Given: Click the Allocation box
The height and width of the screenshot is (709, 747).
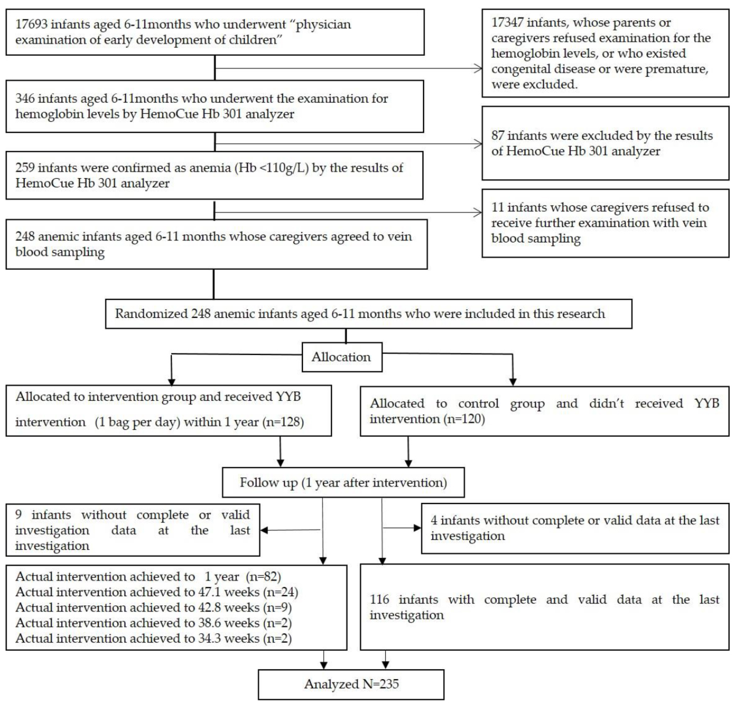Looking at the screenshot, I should [341, 357].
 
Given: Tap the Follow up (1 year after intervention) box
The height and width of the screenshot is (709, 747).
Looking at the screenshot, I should [343, 483].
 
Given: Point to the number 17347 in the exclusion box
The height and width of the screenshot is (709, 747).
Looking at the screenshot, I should [507, 23].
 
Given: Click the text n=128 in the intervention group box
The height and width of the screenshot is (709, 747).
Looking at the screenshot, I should [283, 422].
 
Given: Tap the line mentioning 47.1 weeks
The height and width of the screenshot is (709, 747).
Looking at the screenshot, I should [157, 592].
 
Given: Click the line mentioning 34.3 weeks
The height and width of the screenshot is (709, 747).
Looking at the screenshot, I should [153, 638].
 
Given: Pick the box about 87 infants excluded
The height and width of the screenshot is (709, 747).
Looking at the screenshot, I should [605, 143].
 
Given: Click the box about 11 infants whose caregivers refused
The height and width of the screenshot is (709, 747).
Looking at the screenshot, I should [605, 223].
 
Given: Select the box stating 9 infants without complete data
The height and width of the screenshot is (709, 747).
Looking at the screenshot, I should [132, 530].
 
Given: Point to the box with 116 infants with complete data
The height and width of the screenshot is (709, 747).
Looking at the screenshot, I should [544, 607].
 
